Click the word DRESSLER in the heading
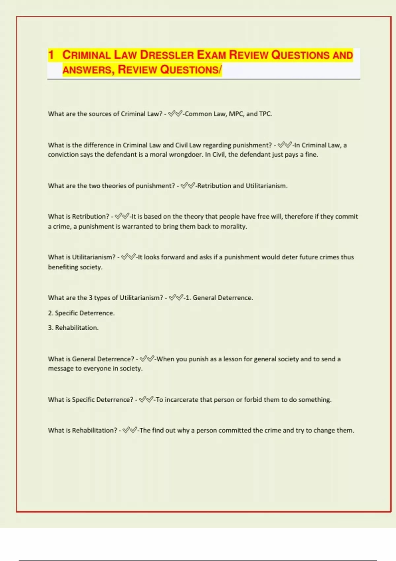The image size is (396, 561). [x=166, y=55]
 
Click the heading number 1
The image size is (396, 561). [x=51, y=55]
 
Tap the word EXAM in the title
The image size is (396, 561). [x=211, y=55]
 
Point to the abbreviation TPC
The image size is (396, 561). [x=265, y=114]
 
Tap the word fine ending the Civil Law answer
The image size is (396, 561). [x=312, y=154]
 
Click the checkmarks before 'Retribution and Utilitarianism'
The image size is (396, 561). [x=188, y=186]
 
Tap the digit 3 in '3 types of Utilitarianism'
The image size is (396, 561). [x=90, y=298]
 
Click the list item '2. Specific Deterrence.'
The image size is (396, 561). [x=81, y=313]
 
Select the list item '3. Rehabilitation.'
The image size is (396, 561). [x=73, y=328]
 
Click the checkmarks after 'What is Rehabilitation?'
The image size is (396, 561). [x=130, y=430]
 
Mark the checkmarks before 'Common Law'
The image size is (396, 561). [x=175, y=114]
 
